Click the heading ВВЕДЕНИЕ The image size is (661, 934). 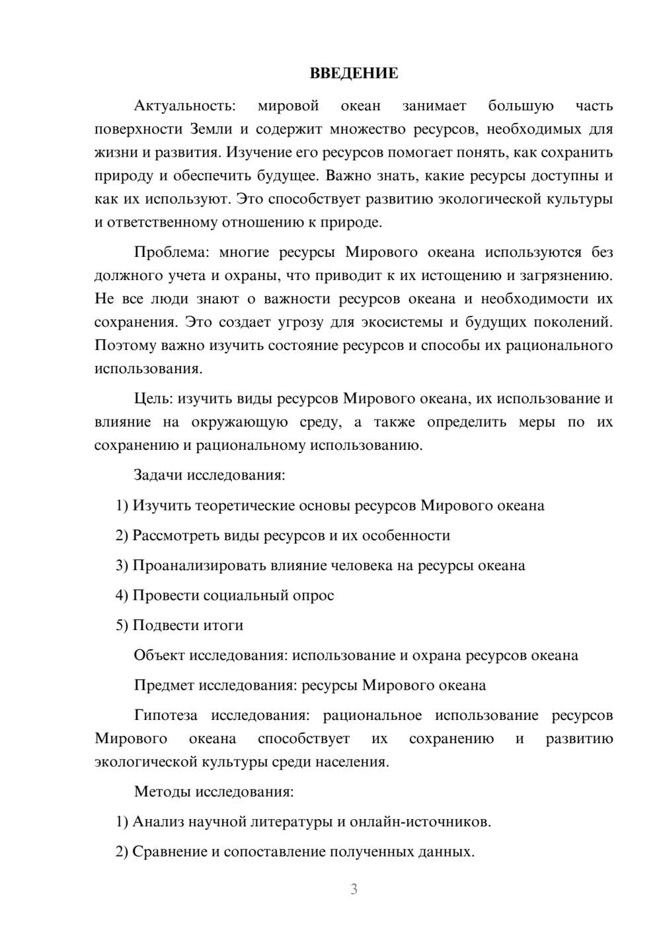[354, 73]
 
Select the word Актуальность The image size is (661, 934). [184, 106]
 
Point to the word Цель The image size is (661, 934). [153, 399]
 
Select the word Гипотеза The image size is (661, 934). [165, 715]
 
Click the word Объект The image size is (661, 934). [159, 655]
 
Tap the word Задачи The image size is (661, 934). [159, 475]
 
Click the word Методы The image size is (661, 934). [163, 791]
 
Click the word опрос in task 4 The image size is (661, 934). [313, 595]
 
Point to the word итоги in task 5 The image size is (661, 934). [223, 626]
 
